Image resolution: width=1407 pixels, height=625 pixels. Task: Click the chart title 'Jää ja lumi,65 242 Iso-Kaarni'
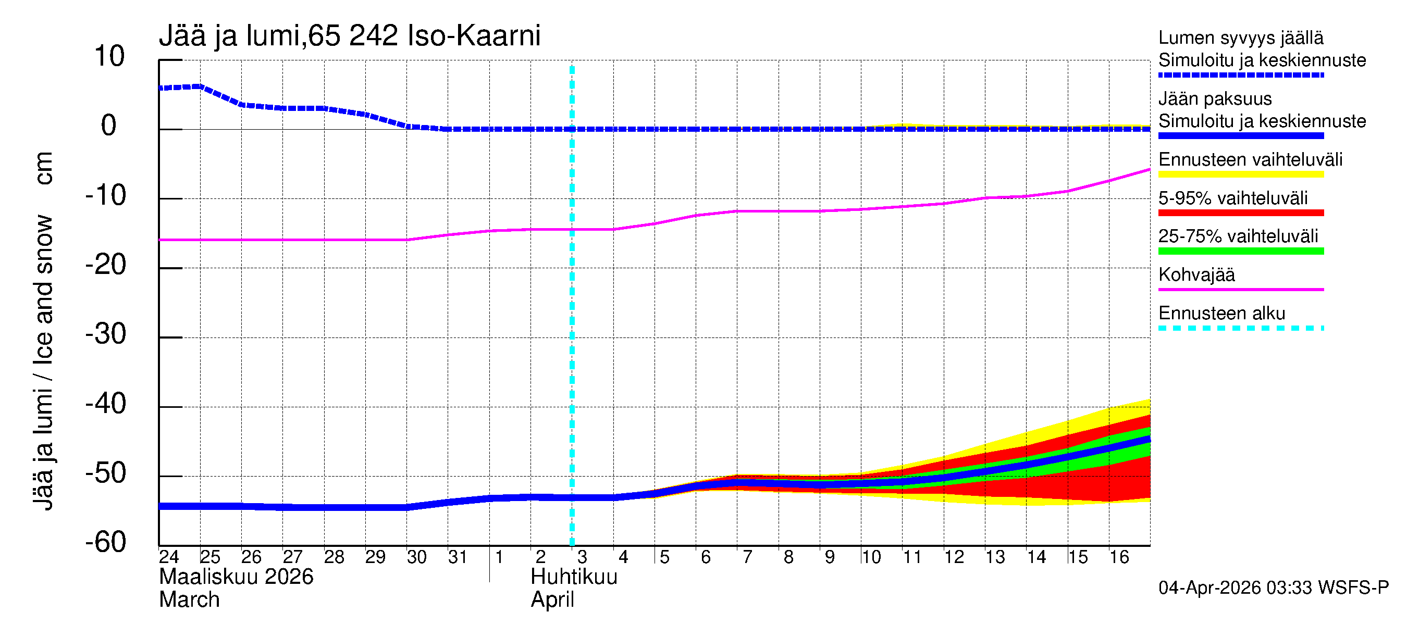click(x=350, y=36)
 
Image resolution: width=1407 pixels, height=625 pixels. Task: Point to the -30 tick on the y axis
click(x=106, y=334)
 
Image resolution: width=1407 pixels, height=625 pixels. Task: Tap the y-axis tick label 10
click(x=109, y=56)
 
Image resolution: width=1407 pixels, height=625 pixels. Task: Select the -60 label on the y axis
click(x=106, y=542)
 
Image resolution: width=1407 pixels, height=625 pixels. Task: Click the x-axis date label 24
click(x=169, y=557)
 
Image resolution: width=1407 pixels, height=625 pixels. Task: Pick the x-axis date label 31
click(x=458, y=557)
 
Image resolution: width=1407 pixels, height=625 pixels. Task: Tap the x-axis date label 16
click(x=1119, y=557)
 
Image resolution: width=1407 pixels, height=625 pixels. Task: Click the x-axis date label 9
click(x=830, y=557)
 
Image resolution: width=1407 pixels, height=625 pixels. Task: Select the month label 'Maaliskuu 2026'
click(x=236, y=577)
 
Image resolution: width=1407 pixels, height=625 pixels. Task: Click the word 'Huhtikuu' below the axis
click(x=574, y=577)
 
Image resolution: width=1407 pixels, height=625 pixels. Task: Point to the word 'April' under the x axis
click(x=552, y=600)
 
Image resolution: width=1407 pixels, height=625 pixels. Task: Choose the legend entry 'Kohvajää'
click(x=1196, y=274)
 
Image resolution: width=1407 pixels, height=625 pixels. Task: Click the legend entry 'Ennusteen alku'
click(x=1221, y=314)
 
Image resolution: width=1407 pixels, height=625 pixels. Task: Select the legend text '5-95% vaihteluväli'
click(x=1233, y=198)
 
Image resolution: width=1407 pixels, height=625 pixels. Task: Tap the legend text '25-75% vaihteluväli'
click(x=1238, y=236)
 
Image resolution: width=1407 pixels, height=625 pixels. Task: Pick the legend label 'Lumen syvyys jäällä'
click(x=1240, y=38)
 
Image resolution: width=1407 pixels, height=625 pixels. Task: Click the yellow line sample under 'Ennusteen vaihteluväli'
click(x=1240, y=174)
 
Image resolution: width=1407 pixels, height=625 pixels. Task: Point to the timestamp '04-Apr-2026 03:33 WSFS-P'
click(x=1273, y=588)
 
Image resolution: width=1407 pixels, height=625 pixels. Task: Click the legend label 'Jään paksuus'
click(x=1215, y=99)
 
